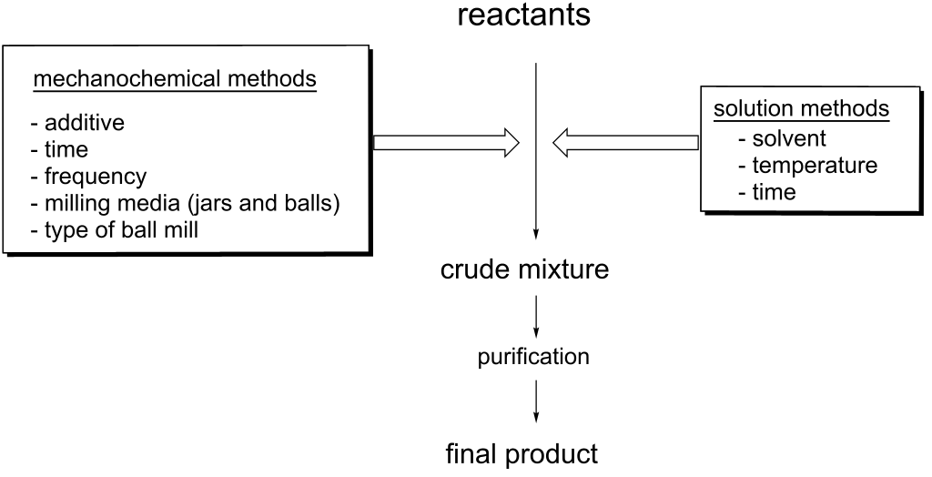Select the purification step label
(x=533, y=357)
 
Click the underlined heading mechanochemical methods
(x=175, y=79)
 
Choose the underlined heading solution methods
(x=801, y=108)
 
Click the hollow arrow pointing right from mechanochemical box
(x=446, y=142)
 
